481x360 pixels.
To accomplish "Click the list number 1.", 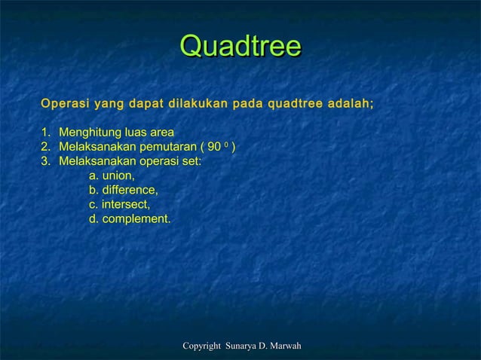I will [45, 133].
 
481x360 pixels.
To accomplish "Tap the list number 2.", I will [45, 148].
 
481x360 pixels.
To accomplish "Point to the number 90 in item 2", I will [213, 148].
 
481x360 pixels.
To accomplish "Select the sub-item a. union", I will [112, 176].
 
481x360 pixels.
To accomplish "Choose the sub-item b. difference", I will [123, 191].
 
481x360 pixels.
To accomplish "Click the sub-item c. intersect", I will [119, 205].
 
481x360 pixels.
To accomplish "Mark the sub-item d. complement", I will [130, 219].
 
